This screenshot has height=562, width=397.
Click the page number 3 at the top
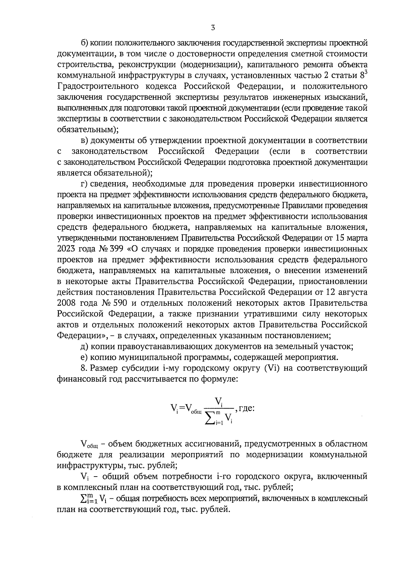(213, 28)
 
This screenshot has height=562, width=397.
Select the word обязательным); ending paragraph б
(88, 129)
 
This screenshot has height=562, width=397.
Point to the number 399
(122, 249)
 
